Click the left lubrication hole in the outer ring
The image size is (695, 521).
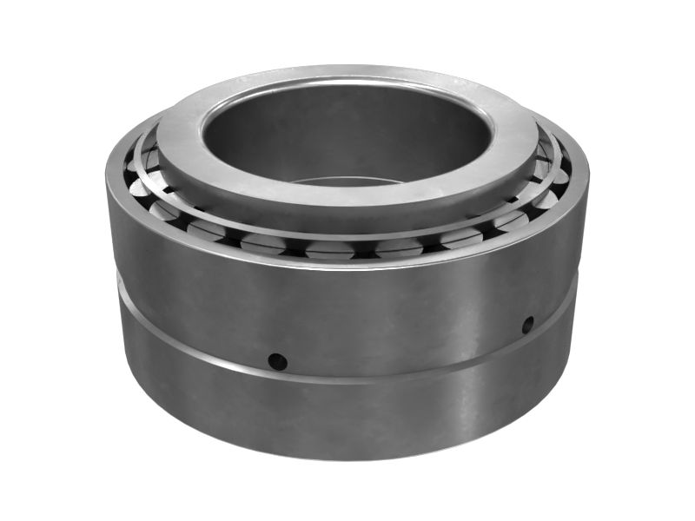(277, 360)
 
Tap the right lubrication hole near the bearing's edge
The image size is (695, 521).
(527, 325)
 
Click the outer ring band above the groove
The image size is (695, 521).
(347, 313)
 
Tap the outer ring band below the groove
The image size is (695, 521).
(347, 417)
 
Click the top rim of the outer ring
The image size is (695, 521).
(347, 262)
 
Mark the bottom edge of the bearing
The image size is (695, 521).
(347, 458)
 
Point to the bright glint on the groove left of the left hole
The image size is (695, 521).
(208, 357)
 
